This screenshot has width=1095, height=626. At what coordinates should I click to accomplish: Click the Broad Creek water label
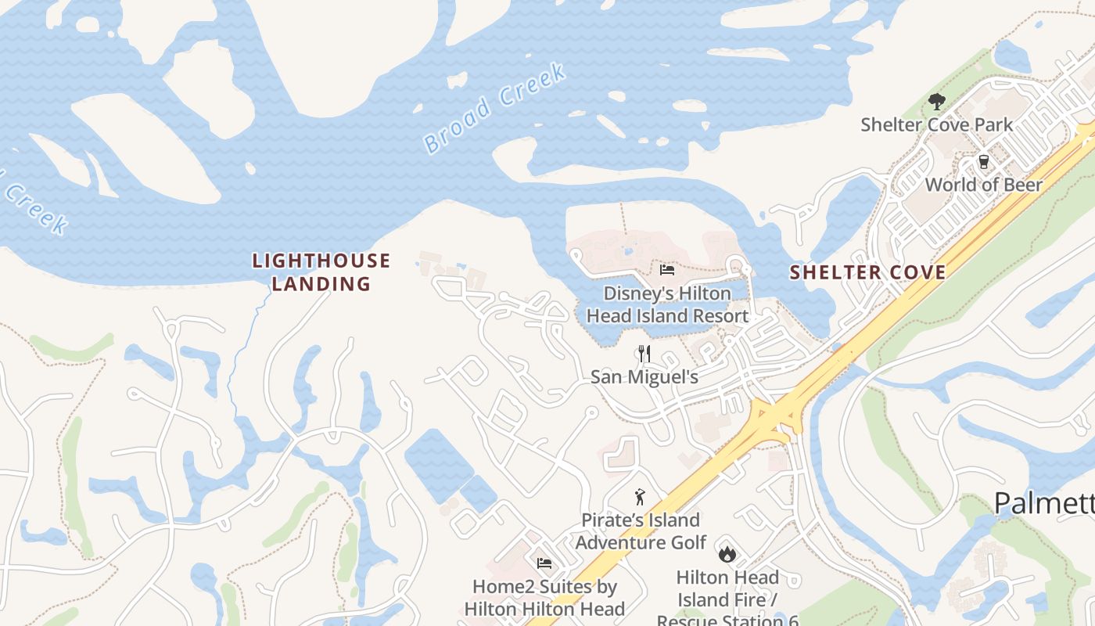click(x=494, y=108)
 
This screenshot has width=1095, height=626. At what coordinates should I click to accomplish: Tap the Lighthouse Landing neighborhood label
click(x=321, y=272)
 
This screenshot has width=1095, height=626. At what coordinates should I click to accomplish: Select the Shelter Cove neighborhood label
click(x=867, y=272)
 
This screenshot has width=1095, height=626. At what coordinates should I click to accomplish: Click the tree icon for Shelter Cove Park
click(x=936, y=102)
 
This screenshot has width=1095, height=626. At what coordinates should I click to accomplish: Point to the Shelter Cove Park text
click(x=936, y=124)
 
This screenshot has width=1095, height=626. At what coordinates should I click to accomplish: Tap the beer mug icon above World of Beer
click(x=983, y=162)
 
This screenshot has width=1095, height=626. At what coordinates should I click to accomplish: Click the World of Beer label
click(x=983, y=185)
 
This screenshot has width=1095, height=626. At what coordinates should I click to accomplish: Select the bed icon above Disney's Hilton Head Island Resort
click(x=667, y=271)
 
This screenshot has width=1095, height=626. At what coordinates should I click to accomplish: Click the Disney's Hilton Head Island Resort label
click(x=667, y=304)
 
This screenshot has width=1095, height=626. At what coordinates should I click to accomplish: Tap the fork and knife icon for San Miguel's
click(x=644, y=354)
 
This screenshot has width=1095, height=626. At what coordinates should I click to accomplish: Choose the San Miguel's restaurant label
click(x=644, y=376)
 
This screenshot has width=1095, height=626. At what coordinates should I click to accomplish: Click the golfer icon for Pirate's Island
click(x=640, y=497)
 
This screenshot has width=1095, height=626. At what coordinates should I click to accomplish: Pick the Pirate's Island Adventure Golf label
click(x=641, y=531)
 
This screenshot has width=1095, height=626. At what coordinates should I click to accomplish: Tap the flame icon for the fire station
click(x=727, y=554)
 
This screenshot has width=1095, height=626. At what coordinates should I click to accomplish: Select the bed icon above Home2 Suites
click(x=544, y=563)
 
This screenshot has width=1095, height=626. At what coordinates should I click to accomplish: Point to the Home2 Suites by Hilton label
click(x=544, y=597)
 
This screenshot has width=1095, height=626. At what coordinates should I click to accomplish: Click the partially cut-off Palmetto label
click(x=1044, y=503)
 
